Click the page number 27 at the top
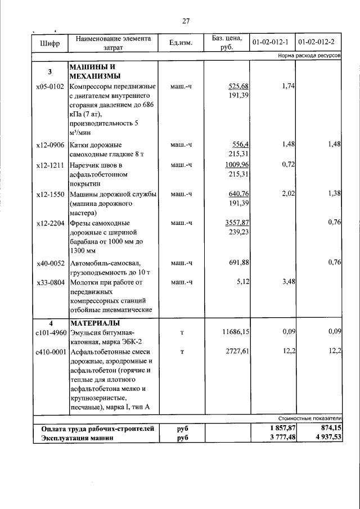pos(186,21)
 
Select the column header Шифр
pos(49,43)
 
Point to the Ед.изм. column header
pos(182,43)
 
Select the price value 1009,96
pos(237,165)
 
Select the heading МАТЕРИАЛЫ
pos(94,323)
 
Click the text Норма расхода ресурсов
pos(309,57)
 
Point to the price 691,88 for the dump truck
pos(238,263)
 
